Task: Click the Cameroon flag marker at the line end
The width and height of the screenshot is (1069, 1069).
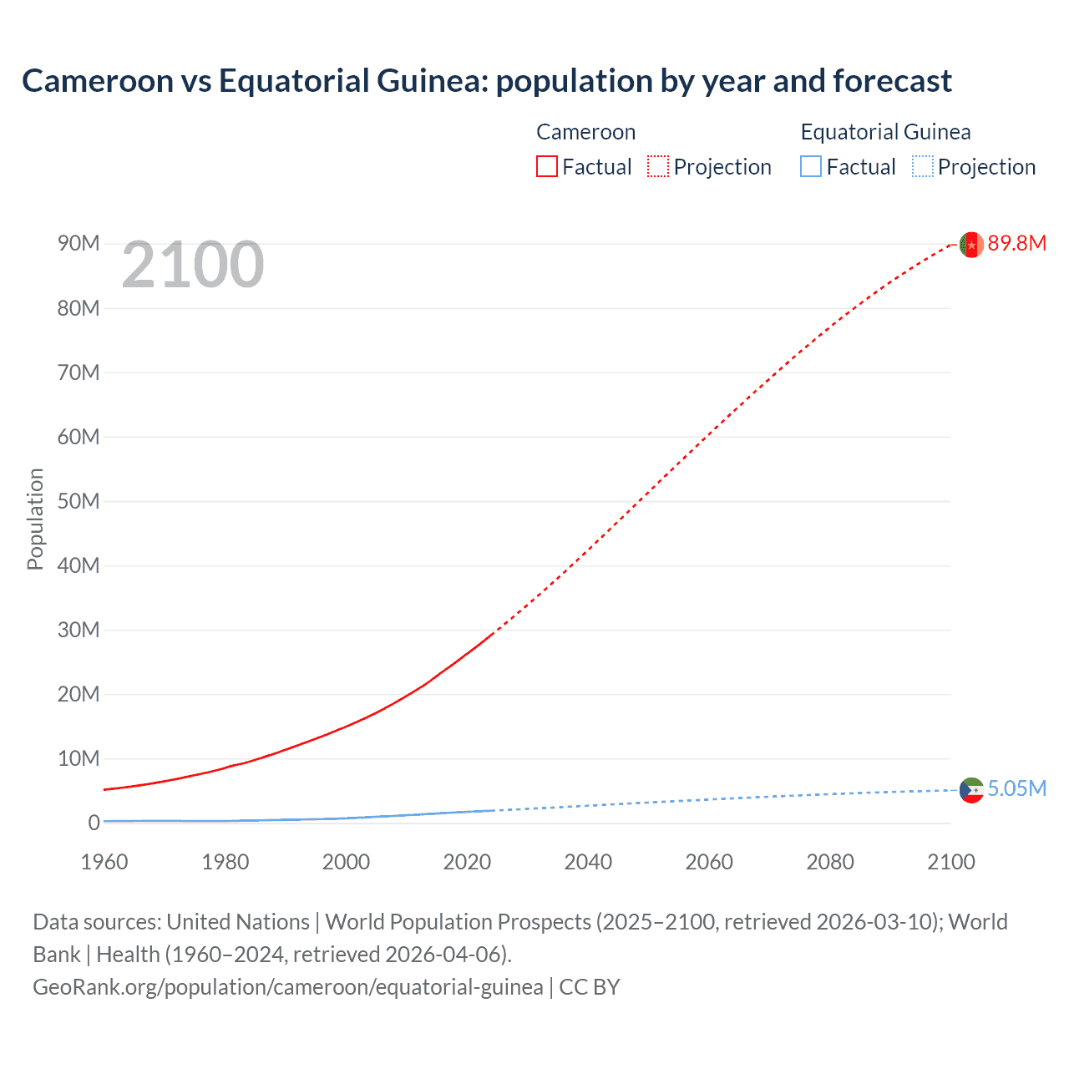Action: coord(970,244)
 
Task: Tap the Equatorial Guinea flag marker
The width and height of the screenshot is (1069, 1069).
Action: coord(971,790)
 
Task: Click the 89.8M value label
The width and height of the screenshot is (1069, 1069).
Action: coord(1016,243)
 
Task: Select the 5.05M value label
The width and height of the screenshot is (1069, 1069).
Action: coord(1016,788)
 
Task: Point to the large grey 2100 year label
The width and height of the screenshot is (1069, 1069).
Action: coord(193,266)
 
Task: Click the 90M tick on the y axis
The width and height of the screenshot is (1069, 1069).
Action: coord(79,243)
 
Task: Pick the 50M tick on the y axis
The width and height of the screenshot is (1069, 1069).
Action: coord(79,501)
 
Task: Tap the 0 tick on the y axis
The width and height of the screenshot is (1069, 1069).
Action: coord(94,823)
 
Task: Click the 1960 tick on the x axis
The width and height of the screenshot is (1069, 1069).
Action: coord(104,862)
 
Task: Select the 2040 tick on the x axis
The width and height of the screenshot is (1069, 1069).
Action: coord(588,862)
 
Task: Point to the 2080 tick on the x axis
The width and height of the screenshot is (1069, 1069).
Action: coord(830,862)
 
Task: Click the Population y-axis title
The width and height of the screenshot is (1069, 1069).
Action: coord(35,519)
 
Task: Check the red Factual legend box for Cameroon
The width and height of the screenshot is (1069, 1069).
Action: coord(547,166)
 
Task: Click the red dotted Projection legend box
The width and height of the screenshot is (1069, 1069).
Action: coord(658,166)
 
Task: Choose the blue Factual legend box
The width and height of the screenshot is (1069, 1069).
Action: coord(811,166)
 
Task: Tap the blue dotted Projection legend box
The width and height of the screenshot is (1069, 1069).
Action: coord(923,166)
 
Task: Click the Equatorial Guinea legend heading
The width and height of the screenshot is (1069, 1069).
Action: coord(885,132)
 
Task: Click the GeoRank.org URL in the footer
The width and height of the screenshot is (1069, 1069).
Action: coord(287,987)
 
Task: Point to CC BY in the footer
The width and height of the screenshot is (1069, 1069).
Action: coord(590,987)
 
